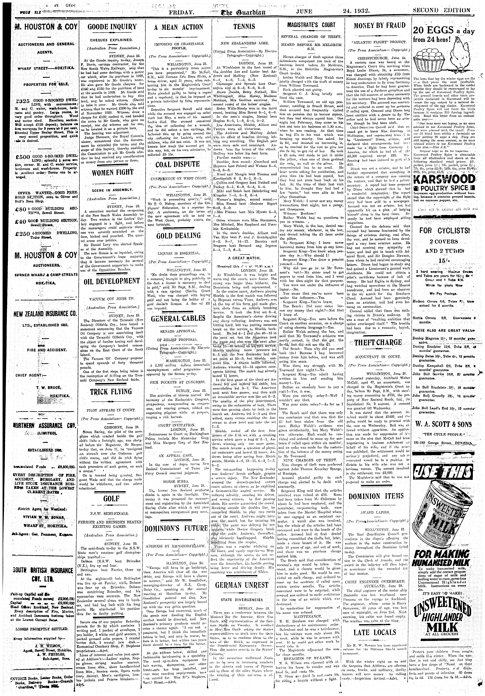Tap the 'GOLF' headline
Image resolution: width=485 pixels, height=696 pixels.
(x=111, y=499)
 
